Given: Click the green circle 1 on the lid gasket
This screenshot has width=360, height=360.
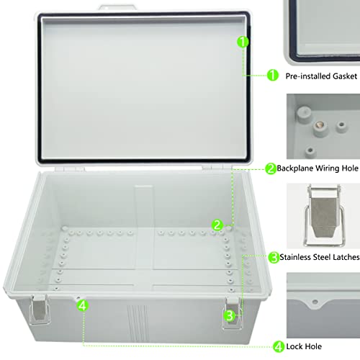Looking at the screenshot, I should (243, 42).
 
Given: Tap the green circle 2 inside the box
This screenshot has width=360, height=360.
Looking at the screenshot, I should (216, 225).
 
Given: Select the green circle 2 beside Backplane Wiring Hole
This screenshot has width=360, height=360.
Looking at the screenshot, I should (271, 169).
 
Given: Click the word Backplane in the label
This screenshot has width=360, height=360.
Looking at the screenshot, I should (297, 169).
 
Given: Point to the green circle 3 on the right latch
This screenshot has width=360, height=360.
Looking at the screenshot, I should (229, 315).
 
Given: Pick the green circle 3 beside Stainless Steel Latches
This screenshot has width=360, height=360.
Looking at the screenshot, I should (274, 257).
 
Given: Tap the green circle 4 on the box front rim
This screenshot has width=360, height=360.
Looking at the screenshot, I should (83, 306).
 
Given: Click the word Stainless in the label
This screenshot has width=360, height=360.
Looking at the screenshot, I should (299, 257).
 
